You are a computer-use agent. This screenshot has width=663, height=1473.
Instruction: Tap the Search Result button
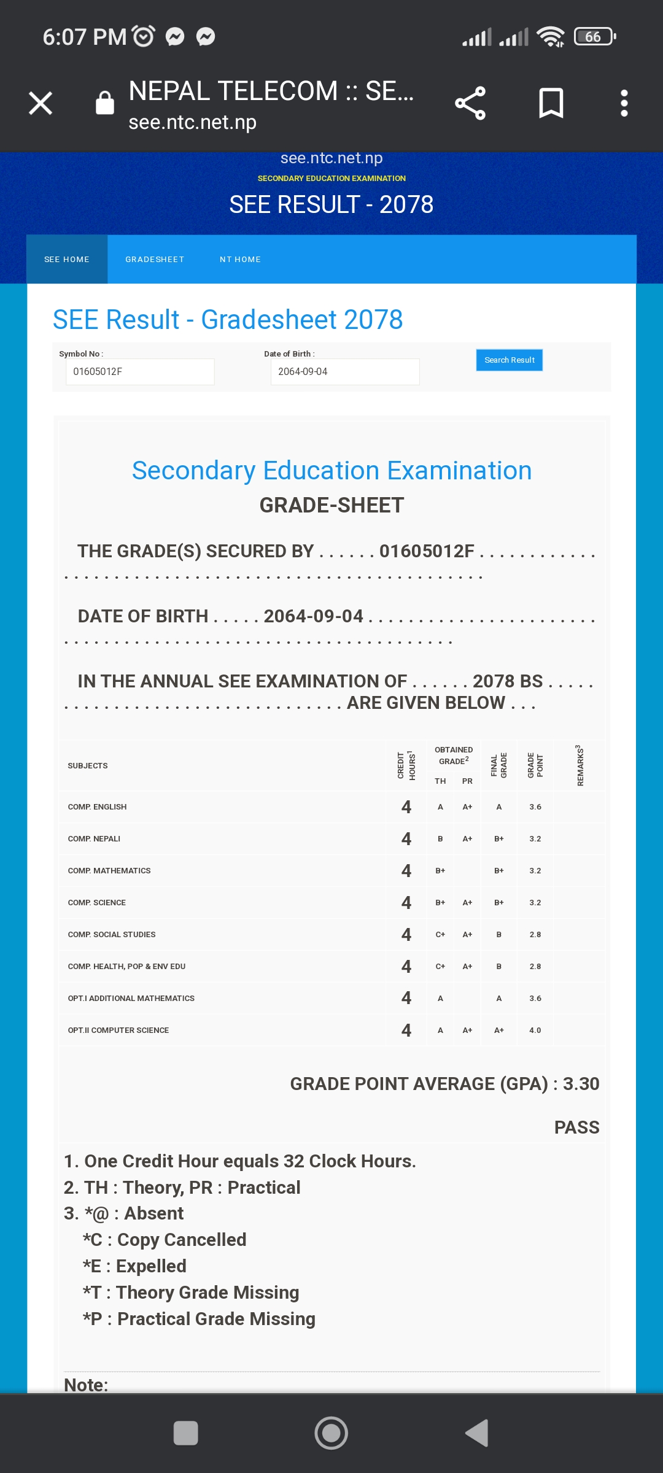click(509, 360)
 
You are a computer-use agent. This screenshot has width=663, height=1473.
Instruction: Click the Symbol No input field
click(140, 372)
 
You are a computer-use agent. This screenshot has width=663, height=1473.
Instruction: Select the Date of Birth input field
click(344, 372)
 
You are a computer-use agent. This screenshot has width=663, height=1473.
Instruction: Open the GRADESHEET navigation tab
click(155, 260)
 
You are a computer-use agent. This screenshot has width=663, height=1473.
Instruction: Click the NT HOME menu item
click(240, 260)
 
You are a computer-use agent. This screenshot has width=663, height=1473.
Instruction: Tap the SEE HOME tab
click(67, 260)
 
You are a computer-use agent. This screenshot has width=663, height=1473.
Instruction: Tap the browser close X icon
click(41, 103)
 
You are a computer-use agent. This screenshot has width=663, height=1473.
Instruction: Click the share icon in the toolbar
click(470, 103)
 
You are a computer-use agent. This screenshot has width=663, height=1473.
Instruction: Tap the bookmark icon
click(551, 103)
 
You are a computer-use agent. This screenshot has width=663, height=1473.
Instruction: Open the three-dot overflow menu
click(624, 103)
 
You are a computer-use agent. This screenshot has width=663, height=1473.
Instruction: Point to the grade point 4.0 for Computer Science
click(535, 1030)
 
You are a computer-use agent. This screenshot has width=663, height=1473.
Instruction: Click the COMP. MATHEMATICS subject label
click(109, 871)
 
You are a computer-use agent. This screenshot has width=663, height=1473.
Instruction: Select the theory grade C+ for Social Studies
click(440, 935)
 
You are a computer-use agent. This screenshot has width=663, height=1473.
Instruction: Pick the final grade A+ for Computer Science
click(499, 1030)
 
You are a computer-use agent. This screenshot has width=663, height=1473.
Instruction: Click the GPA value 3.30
click(581, 1084)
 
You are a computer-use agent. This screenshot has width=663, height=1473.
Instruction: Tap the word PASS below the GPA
click(576, 1127)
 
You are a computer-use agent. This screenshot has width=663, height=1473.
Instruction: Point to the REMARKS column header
click(580, 765)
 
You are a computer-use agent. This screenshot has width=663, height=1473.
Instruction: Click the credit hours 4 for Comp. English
click(406, 807)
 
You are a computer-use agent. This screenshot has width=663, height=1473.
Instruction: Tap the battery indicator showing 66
click(594, 37)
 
